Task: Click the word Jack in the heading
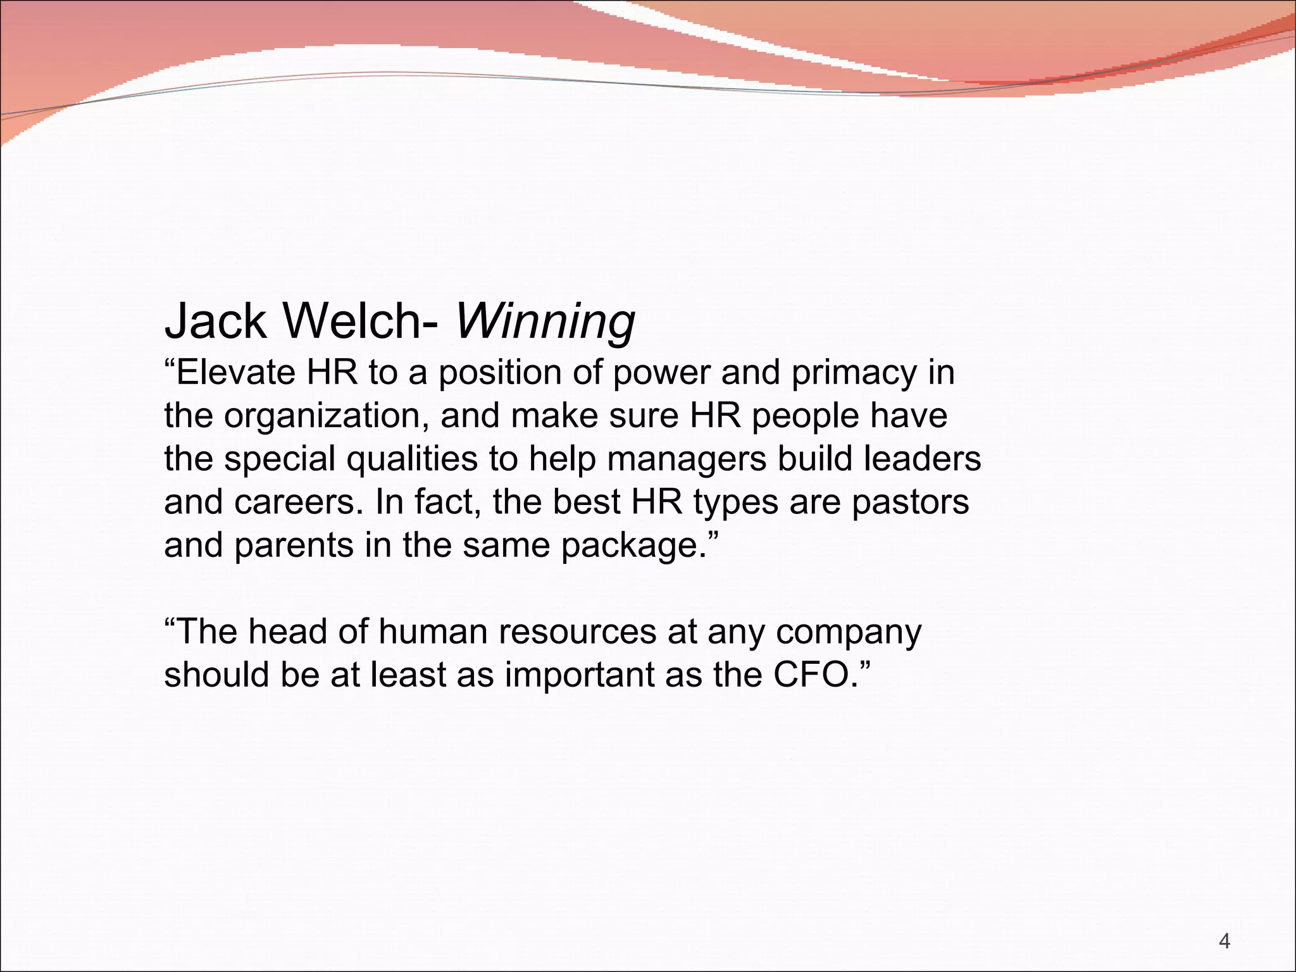215,321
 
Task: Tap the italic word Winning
545,321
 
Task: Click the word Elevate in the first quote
235,372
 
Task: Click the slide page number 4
1224,942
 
